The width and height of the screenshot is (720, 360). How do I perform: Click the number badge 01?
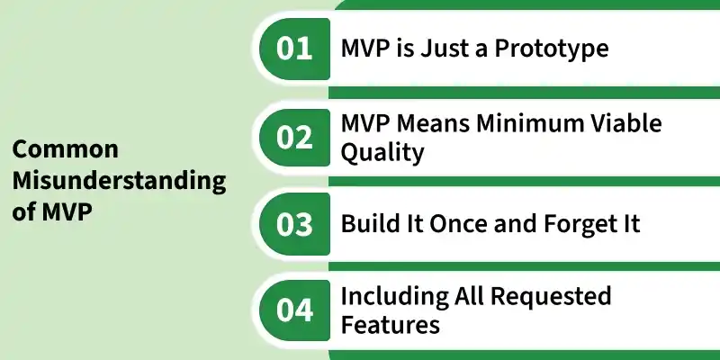click(295, 49)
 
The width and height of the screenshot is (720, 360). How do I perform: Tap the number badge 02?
click(295, 138)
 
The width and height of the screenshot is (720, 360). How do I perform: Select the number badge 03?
click(295, 224)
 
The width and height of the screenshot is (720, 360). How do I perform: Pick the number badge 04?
click(295, 310)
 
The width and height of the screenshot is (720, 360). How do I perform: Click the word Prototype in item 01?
click(552, 49)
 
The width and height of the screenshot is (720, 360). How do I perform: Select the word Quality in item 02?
click(382, 153)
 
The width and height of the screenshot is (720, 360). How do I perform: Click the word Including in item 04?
click(394, 297)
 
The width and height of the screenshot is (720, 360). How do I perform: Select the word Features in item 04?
click(391, 324)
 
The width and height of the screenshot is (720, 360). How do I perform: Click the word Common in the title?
click(65, 149)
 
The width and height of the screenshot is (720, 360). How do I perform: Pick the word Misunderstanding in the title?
click(119, 182)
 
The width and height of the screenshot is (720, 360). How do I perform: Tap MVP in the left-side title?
click(67, 211)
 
